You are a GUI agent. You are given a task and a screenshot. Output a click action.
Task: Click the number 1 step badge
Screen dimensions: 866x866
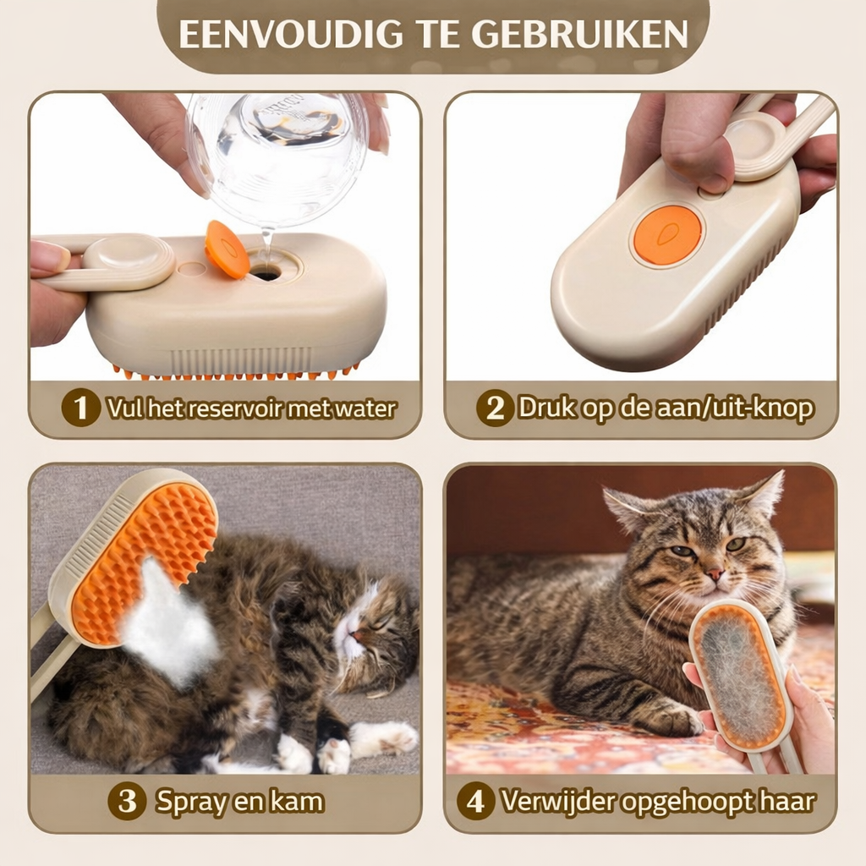81,408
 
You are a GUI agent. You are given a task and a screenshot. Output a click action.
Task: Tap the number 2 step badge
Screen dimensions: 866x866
495,408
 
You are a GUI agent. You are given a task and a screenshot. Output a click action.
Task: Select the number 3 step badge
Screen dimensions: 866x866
127,802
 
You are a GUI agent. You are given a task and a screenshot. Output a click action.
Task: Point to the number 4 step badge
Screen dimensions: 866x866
475,802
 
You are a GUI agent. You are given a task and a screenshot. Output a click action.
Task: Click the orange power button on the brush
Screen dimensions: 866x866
667,234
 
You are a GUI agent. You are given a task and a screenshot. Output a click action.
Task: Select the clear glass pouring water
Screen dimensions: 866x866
275,156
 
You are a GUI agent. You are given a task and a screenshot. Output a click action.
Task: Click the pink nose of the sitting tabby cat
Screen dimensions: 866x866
715,574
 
